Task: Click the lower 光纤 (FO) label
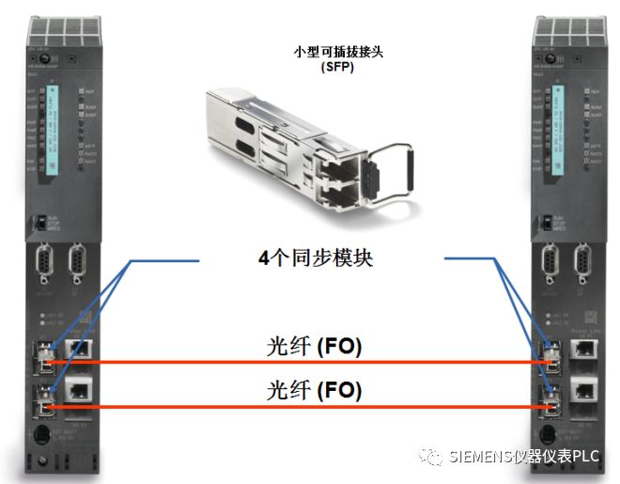pyautogui.click(x=313, y=389)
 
